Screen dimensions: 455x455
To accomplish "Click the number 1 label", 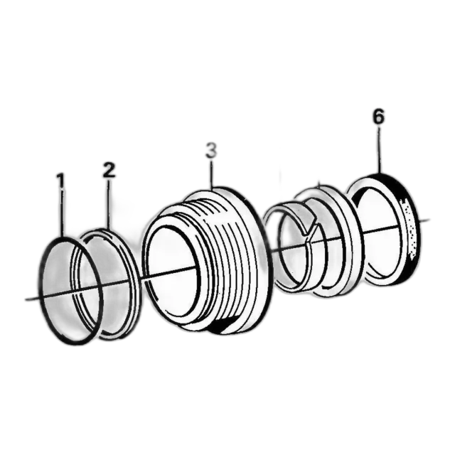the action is pyautogui.click(x=60, y=180).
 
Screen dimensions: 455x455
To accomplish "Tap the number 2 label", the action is pyautogui.click(x=109, y=170).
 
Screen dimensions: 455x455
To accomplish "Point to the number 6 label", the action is pyautogui.click(x=378, y=117).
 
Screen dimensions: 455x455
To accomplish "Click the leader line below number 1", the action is pyautogui.click(x=63, y=213).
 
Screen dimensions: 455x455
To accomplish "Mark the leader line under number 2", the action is pyautogui.click(x=109, y=203).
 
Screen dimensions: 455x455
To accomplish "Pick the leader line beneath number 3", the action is pyautogui.click(x=212, y=173).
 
